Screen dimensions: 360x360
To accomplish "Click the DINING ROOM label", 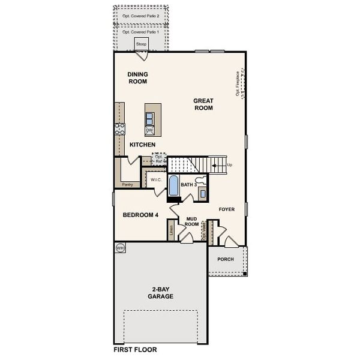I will (137, 78).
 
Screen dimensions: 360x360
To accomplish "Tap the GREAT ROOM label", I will (203, 104).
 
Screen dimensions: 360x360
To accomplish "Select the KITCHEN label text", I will (143, 145).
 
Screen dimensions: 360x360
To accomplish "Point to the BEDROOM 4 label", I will (140, 215).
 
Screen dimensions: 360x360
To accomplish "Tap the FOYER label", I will (226, 209).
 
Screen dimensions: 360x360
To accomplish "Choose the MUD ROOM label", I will (192, 221).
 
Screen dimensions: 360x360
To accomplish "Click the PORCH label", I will (226, 259).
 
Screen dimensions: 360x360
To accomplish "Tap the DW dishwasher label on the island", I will (149, 130).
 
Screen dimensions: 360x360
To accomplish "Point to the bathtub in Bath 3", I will (173, 186).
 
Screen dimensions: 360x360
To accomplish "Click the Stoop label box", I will (142, 44).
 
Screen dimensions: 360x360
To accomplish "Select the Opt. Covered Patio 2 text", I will (141, 16).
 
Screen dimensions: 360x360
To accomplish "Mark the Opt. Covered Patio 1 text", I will (141, 32).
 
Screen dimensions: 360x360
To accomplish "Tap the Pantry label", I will (127, 185).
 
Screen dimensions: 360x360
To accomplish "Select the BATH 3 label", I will (190, 185).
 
